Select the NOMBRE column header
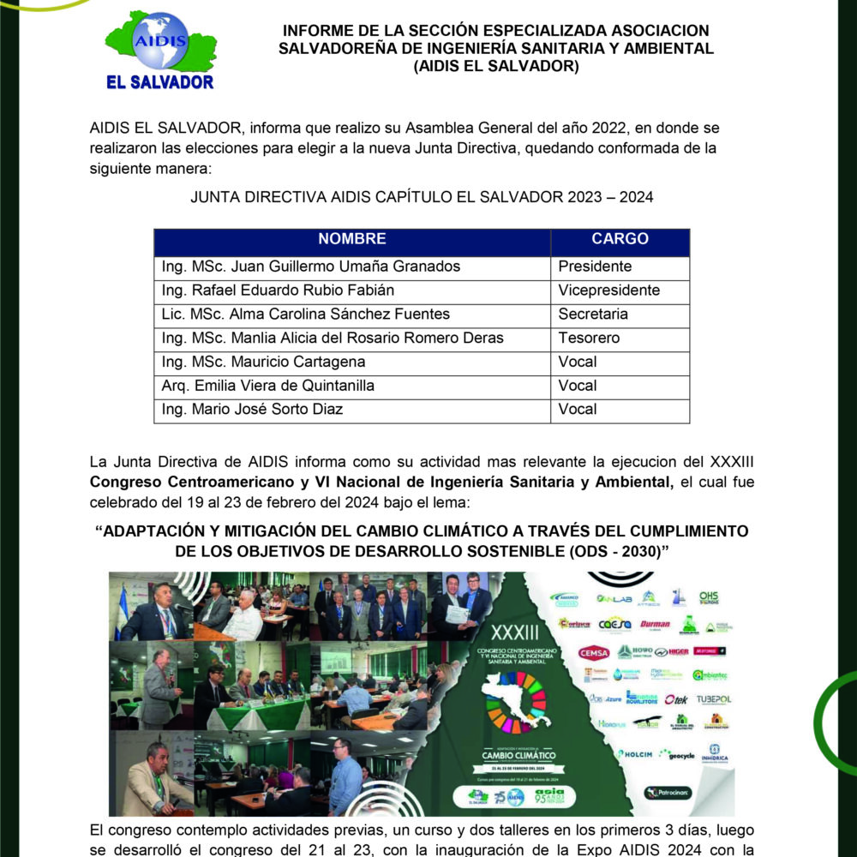pyautogui.click(x=351, y=239)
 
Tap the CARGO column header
pyautogui.click(x=620, y=239)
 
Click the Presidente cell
pyautogui.click(x=594, y=267)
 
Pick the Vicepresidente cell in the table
pyautogui.click(x=608, y=291)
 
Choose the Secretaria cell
pyautogui.click(x=593, y=315)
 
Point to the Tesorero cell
pyautogui.click(x=589, y=339)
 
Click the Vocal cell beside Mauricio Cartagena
pyautogui.click(x=578, y=362)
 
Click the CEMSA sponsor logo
pyautogui.click(x=593, y=652)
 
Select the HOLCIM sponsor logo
pyautogui.click(x=635, y=754)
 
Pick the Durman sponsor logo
pyautogui.click(x=655, y=624)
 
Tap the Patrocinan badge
pyautogui.click(x=668, y=793)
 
